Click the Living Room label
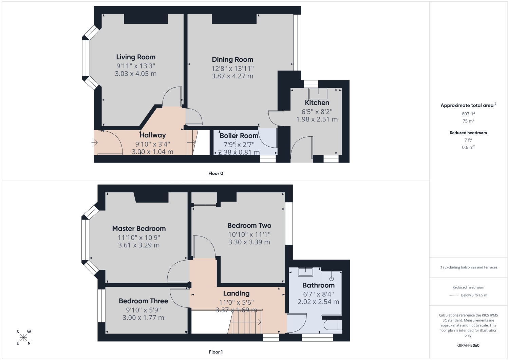click(136, 57)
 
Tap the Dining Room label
click(232, 59)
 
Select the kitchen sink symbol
click(318, 94)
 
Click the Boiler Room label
click(239, 136)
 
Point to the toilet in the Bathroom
click(333, 325)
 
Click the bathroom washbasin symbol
click(306, 271)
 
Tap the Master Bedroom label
click(139, 229)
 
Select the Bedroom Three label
click(144, 301)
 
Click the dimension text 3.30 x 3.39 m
click(249, 242)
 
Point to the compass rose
click(23, 338)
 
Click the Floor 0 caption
click(215, 173)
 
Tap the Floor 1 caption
click(215, 352)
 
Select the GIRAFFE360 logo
click(468, 345)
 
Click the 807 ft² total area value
click(468, 114)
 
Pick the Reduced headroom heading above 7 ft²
click(468, 133)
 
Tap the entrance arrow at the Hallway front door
click(95, 143)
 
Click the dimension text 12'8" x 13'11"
click(232, 69)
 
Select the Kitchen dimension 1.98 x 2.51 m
click(317, 119)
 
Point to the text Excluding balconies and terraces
click(471, 267)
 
